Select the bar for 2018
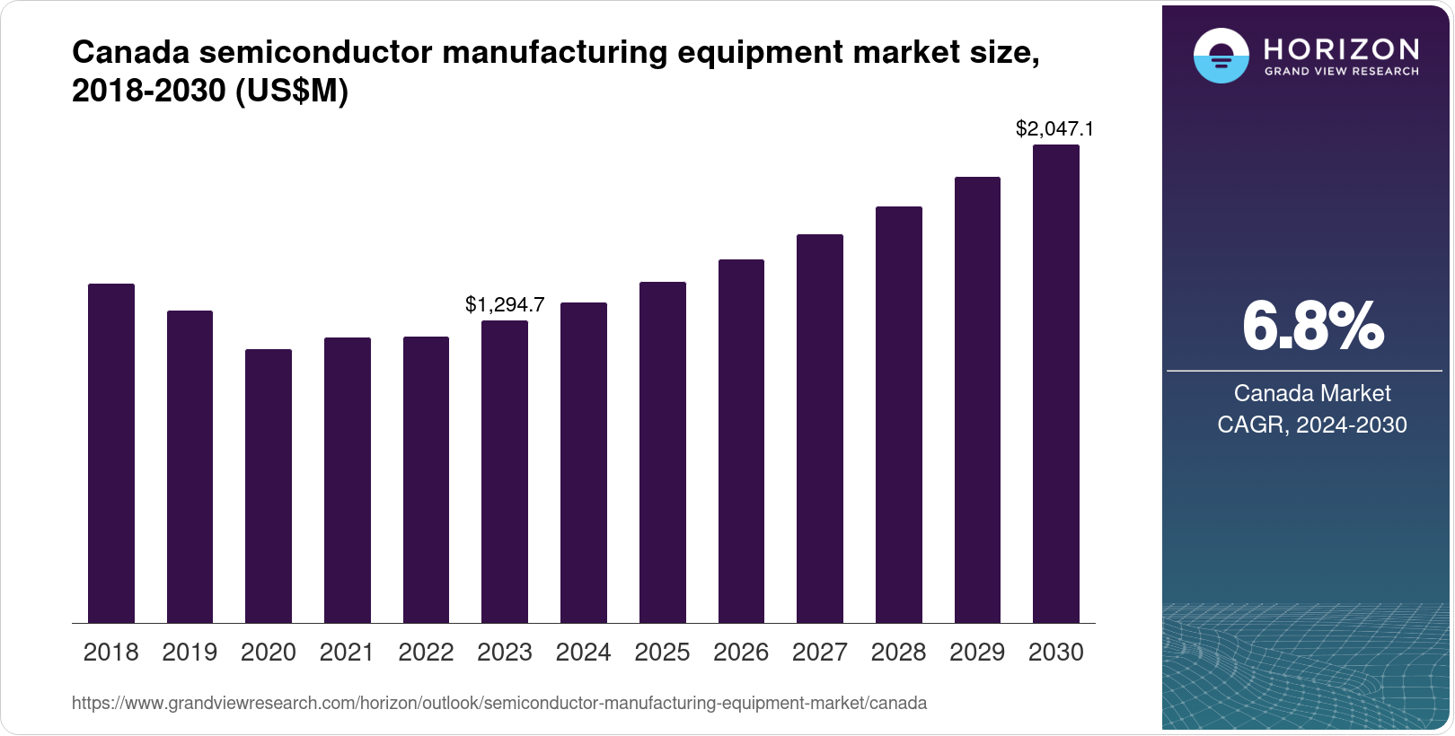tap(110, 453)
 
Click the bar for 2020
tap(269, 486)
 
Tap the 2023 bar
tap(505, 471)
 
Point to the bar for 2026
tap(741, 441)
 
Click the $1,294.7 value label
tap(505, 305)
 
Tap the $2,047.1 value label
tap(1054, 129)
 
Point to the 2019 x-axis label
tap(190, 653)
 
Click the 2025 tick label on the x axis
tap(662, 653)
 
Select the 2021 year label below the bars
tap(347, 653)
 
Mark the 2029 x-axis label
tap(977, 653)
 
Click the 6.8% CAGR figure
tap(1312, 327)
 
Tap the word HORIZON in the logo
tap(1341, 48)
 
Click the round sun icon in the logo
tap(1221, 56)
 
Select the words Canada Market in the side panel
tap(1312, 393)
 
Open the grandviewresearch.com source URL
tap(499, 704)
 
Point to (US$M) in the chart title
tap(291, 92)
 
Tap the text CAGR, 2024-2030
tap(1312, 425)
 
